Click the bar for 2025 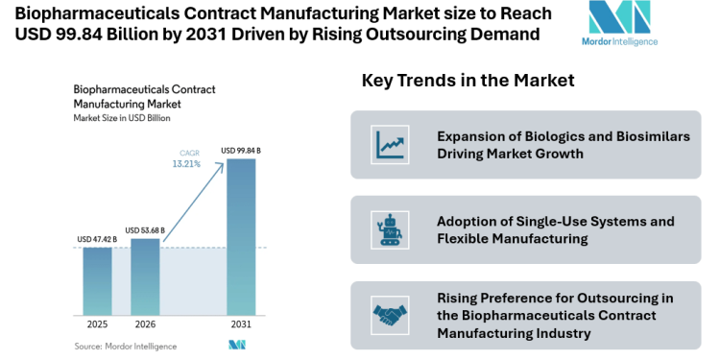click(97, 280)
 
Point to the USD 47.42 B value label click(97, 239)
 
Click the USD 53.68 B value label click(145, 230)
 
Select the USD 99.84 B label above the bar click(241, 151)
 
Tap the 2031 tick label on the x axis click(241, 324)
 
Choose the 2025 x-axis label click(97, 324)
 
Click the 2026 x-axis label click(145, 324)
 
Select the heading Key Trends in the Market click(468, 81)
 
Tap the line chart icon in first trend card click(390, 145)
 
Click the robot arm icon click(390, 229)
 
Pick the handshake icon click(390, 314)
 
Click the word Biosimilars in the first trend click(650, 136)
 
